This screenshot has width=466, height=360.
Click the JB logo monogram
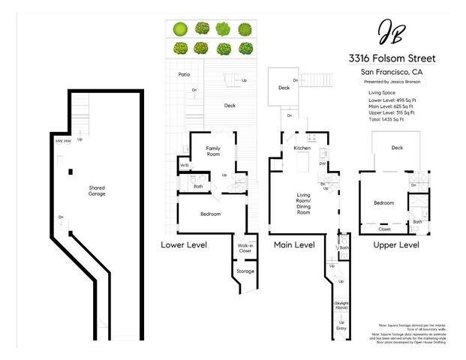click(391, 32)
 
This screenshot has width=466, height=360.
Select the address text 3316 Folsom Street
click(392, 58)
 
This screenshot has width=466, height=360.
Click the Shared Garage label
click(97, 190)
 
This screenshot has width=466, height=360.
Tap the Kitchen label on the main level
click(302, 148)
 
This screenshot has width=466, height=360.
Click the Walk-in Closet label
click(245, 248)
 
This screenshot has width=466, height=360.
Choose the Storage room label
click(245, 271)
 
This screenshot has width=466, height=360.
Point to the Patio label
click(184, 75)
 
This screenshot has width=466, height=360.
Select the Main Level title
click(294, 244)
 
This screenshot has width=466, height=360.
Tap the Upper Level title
click(397, 244)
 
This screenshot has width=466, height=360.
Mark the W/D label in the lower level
click(185, 165)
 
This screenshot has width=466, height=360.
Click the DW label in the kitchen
click(322, 163)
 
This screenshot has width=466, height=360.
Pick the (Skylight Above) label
click(341, 305)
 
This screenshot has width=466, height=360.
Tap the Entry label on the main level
click(341, 328)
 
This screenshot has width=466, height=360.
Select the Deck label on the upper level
click(396, 148)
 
